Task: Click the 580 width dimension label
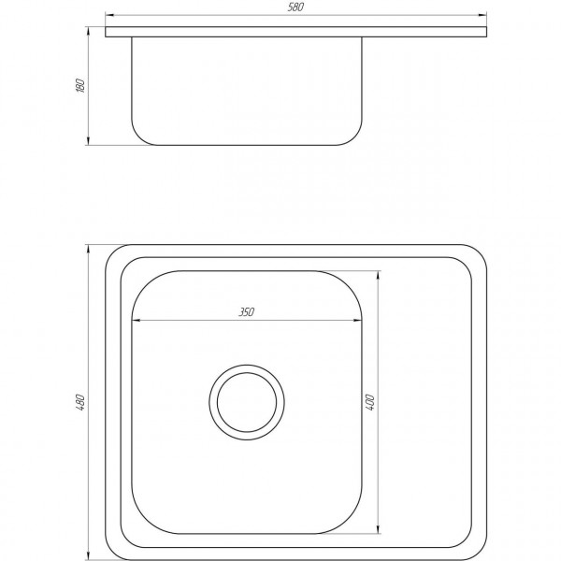pos(295,7)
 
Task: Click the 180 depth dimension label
pos(80,85)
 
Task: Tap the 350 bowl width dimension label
pos(247,312)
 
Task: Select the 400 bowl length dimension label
pos(370,402)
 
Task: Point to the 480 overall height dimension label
pos(80,402)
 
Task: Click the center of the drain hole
pos(247,402)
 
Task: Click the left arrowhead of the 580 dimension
pos(109,15)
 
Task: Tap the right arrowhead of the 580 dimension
pos(482,15)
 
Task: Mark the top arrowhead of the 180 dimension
pos(88,31)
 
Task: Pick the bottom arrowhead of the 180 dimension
pos(88,141)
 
